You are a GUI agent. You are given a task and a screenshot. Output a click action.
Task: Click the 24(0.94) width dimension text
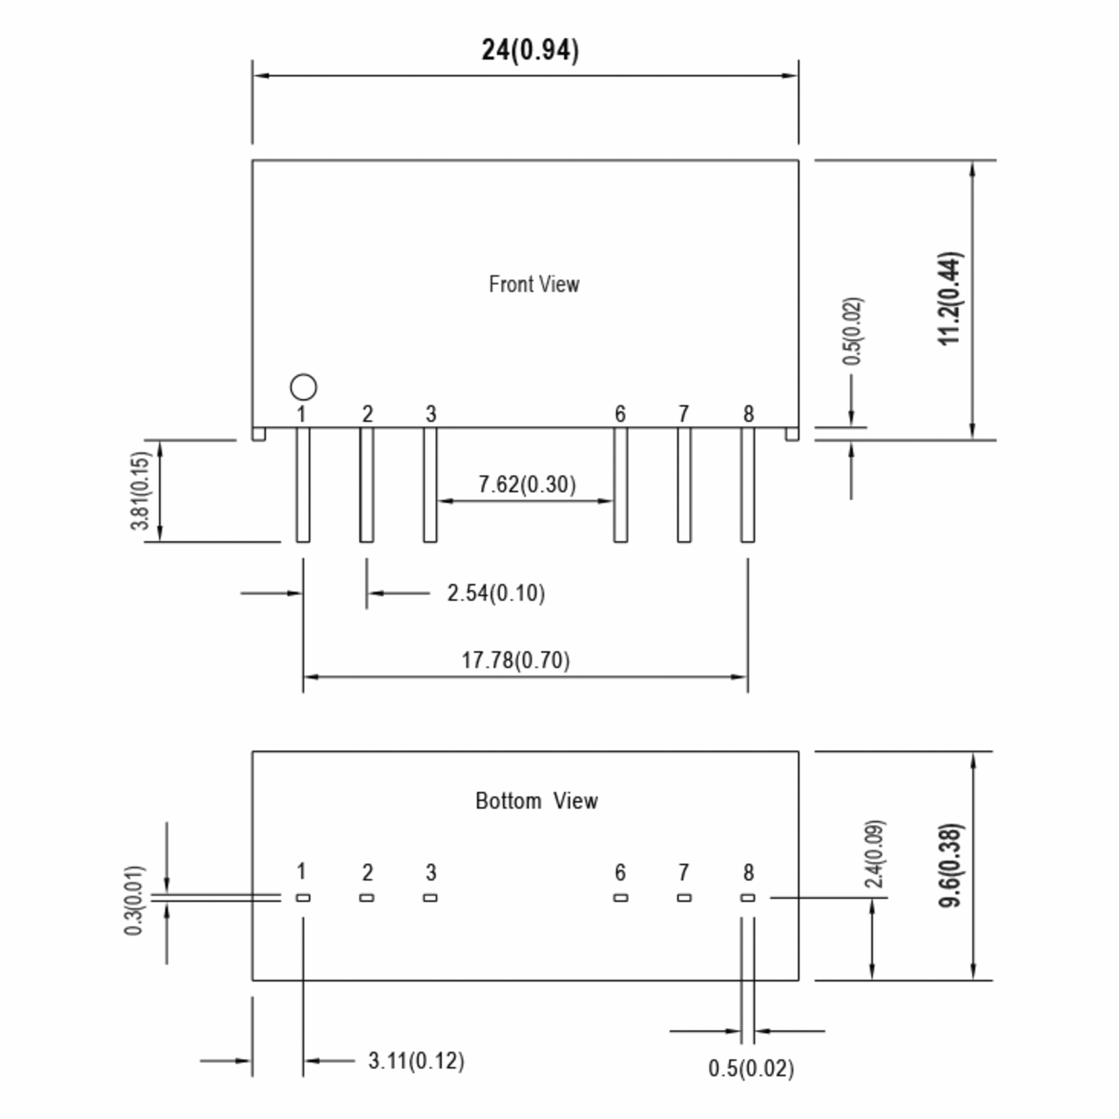(530, 50)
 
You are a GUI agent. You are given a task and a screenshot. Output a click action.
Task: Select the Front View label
(533, 284)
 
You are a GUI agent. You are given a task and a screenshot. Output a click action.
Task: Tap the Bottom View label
(536, 801)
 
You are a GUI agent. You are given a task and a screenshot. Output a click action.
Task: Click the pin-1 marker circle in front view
(304, 387)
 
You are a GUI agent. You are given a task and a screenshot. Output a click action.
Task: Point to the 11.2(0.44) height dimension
(950, 298)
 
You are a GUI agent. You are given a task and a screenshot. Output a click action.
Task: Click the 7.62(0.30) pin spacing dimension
(527, 484)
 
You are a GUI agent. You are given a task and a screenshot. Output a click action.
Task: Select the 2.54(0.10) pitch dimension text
(496, 593)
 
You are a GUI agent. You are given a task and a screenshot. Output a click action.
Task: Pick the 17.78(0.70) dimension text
(516, 660)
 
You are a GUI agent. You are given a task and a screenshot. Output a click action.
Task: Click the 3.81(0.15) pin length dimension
(140, 490)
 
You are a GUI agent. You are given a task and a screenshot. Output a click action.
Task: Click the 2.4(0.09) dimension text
(874, 854)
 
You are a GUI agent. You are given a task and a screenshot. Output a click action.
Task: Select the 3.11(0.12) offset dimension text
(416, 1061)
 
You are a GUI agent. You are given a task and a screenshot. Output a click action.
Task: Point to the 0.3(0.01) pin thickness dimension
(134, 901)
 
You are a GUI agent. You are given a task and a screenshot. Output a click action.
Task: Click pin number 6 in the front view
(620, 414)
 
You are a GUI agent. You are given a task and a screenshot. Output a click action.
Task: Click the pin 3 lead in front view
(430, 485)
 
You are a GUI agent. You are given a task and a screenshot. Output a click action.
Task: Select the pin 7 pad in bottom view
(684, 898)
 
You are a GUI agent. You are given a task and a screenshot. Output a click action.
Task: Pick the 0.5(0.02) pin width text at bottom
(751, 1069)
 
